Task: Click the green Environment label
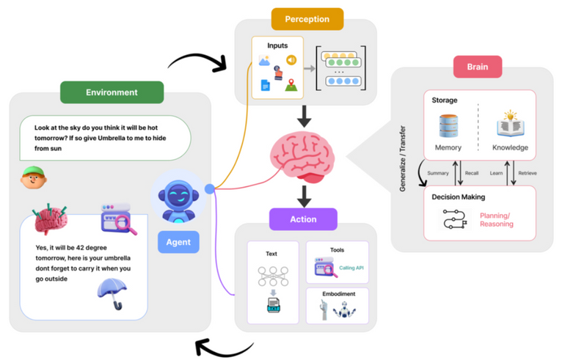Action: point(112,92)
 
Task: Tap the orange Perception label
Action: point(307,19)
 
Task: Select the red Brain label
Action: point(478,67)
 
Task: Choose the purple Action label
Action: point(303,219)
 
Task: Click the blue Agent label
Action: point(178,242)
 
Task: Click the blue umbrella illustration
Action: point(112,294)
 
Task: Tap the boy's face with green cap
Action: point(33,177)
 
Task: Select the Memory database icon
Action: point(448,126)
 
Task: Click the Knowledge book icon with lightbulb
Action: point(510,123)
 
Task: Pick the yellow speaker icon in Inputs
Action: point(291,60)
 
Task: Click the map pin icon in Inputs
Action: point(291,85)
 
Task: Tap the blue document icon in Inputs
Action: point(265,85)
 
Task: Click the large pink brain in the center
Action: point(302,157)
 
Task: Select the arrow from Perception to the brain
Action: point(304,117)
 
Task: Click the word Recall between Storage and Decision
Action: point(472,173)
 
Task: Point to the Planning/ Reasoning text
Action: point(497,220)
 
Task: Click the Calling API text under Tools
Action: point(351,268)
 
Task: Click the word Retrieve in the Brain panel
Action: point(528,173)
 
